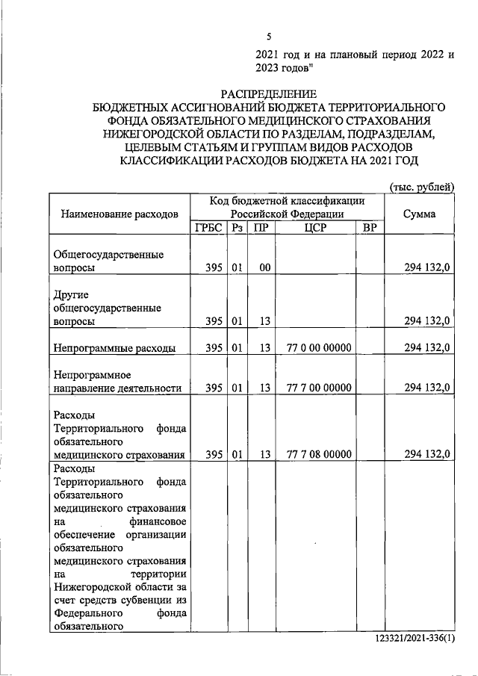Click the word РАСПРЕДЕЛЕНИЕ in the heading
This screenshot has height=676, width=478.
(268, 94)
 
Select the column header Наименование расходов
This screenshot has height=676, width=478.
(117, 214)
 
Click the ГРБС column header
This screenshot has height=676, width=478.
(208, 228)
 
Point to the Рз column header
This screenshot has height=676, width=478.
(237, 228)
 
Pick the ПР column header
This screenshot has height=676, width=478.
(261, 228)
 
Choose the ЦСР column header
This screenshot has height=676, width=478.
(316, 228)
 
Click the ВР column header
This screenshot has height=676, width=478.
(369, 228)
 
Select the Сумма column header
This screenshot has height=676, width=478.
(419, 214)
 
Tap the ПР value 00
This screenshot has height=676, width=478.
(264, 267)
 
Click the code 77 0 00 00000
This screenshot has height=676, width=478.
(318, 347)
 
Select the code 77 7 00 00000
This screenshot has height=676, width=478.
(318, 387)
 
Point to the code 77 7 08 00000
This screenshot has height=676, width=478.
(318, 453)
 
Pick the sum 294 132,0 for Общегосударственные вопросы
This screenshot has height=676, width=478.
(426, 267)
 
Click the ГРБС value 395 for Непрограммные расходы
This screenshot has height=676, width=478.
(214, 347)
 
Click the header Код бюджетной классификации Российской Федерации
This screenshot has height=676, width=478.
(288, 207)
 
